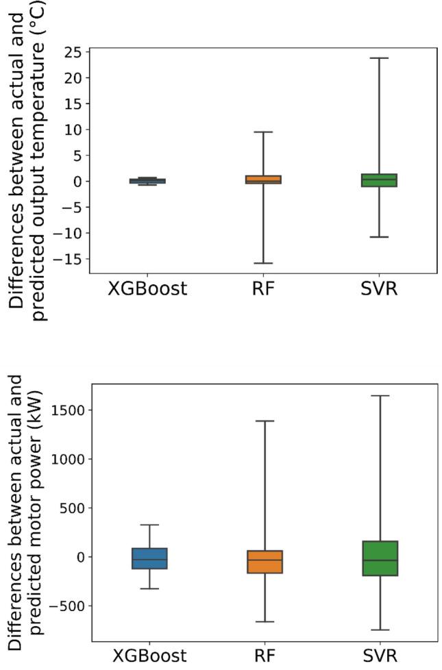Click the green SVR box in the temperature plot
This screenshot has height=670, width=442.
point(379,180)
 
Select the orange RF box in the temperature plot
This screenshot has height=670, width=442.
point(263,179)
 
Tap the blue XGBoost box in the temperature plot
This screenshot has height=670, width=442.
point(147,181)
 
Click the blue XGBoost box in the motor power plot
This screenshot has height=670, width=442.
point(149,558)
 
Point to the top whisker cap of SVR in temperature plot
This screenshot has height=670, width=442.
point(379,58)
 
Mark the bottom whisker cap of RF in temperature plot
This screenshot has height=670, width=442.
point(263,263)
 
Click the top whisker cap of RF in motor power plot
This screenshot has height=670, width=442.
point(265,421)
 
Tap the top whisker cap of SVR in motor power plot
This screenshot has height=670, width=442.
point(380,396)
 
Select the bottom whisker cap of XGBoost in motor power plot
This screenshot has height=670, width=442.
point(149,588)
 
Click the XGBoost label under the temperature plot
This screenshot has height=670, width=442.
point(147,289)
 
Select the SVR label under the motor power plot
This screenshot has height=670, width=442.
point(380,656)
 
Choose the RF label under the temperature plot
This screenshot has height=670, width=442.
point(263,289)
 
